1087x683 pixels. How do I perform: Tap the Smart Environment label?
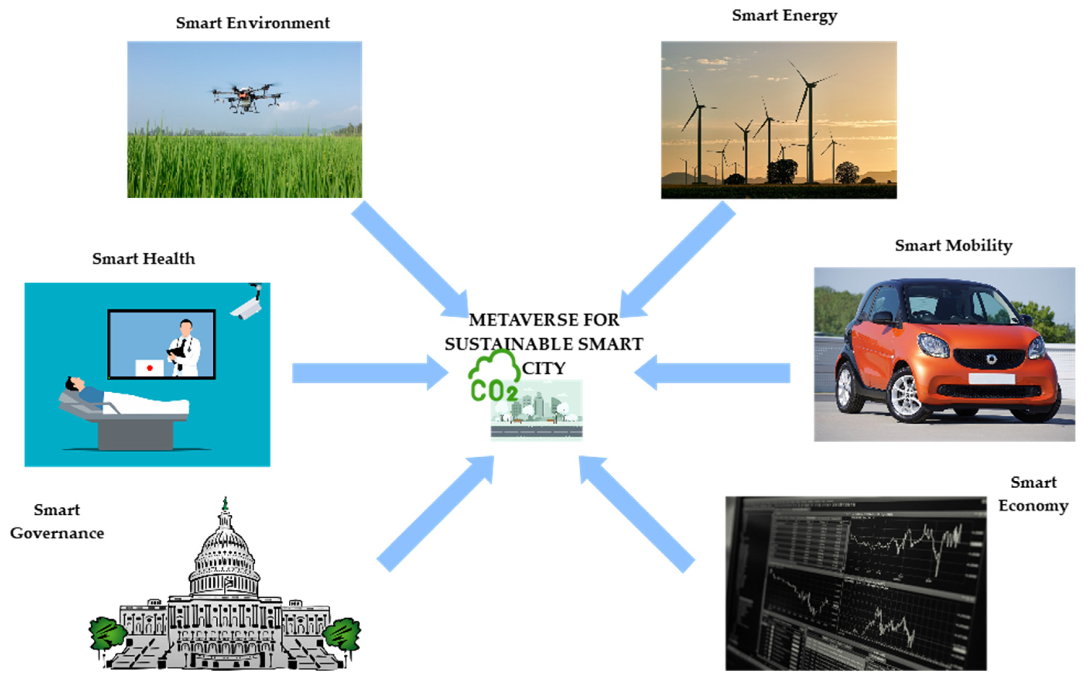(x=253, y=23)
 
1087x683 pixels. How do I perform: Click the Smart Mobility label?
(x=953, y=246)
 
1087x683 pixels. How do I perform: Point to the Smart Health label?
(x=144, y=259)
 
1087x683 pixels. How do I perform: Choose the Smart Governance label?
(x=57, y=522)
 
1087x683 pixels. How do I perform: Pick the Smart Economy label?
(x=1033, y=494)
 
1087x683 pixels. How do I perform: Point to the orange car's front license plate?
(x=991, y=378)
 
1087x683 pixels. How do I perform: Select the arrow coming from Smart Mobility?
(x=713, y=373)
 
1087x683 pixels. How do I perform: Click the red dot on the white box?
(x=149, y=368)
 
